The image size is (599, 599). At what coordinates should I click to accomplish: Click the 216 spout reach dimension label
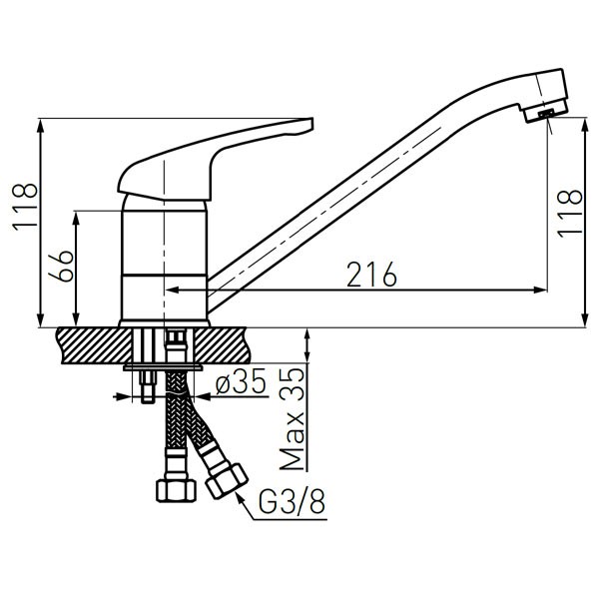pyautogui.click(x=371, y=275)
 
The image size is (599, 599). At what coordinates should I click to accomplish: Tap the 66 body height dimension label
pyautogui.click(x=61, y=267)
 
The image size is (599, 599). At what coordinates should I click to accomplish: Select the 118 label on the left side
pyautogui.click(x=26, y=207)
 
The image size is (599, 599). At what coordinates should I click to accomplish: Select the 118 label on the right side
pyautogui.click(x=570, y=214)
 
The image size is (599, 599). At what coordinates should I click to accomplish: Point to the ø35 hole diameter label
pyautogui.click(x=241, y=381)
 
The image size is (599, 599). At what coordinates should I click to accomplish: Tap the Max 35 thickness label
pyautogui.click(x=293, y=418)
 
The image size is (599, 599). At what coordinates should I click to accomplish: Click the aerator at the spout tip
pyautogui.click(x=545, y=114)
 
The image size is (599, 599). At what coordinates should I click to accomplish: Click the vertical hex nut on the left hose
pyautogui.click(x=176, y=490)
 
